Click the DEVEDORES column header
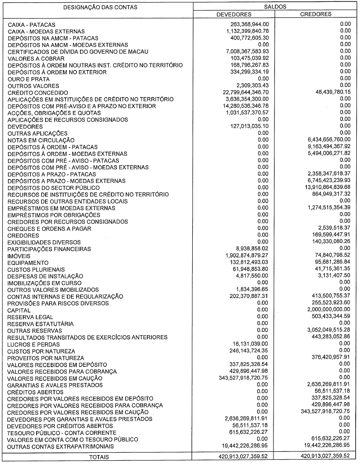234,14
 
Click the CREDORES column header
316,14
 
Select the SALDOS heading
274,7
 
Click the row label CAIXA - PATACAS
32,24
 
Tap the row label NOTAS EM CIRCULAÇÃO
41,140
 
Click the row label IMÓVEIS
19,256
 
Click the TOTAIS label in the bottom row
97,456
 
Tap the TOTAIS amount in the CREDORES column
316,456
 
